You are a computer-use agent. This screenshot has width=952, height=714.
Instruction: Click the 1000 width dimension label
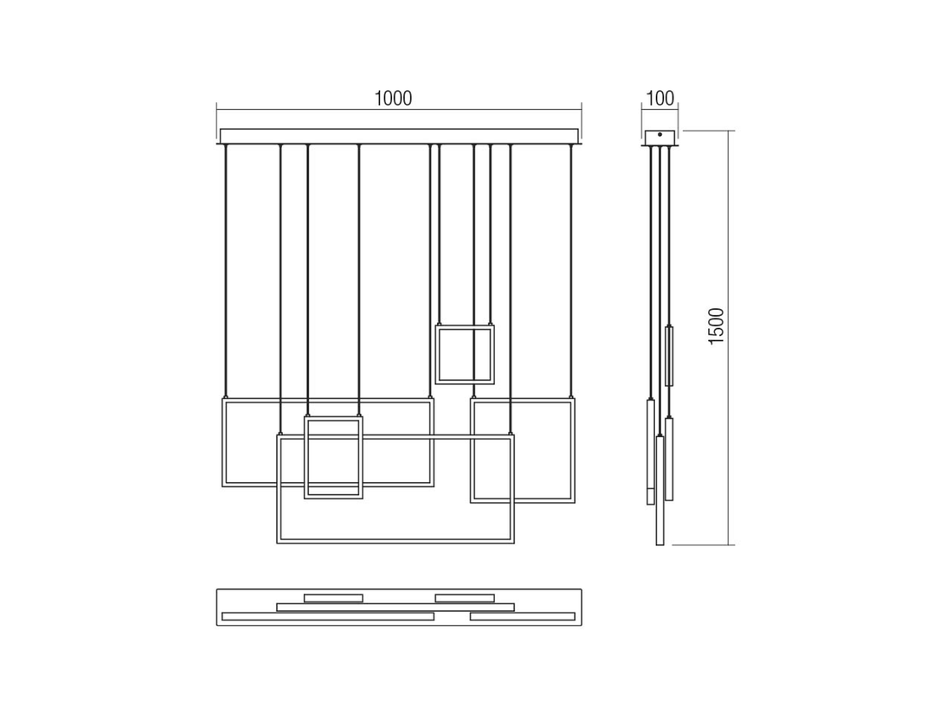393,99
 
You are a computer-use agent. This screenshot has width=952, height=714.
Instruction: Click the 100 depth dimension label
660,99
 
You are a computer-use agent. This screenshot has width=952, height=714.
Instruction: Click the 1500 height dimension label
717,326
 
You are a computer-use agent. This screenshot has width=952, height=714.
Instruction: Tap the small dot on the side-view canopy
660,135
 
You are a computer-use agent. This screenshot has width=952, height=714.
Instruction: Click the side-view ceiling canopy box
660,138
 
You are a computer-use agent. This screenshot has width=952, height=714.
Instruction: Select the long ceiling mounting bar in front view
400,136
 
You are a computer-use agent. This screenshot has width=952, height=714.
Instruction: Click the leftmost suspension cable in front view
225,271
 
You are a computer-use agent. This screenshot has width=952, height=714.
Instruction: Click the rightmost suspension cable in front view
570,271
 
